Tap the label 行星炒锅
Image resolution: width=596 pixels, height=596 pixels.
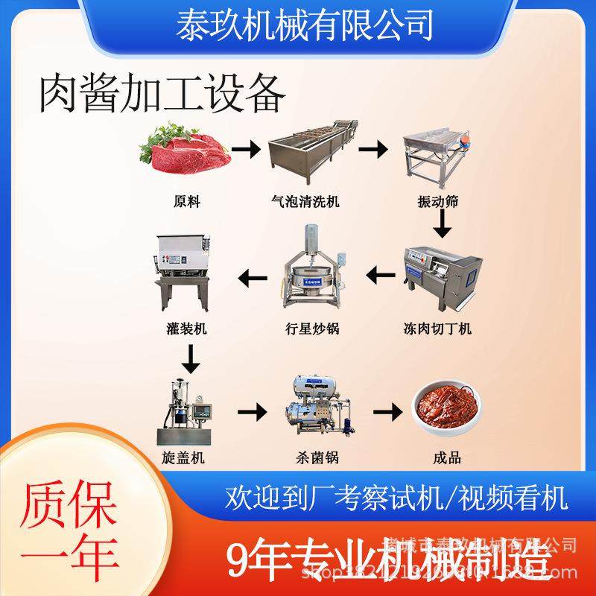(x=312, y=329)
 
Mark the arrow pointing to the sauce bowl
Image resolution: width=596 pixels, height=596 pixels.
(x=387, y=410)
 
